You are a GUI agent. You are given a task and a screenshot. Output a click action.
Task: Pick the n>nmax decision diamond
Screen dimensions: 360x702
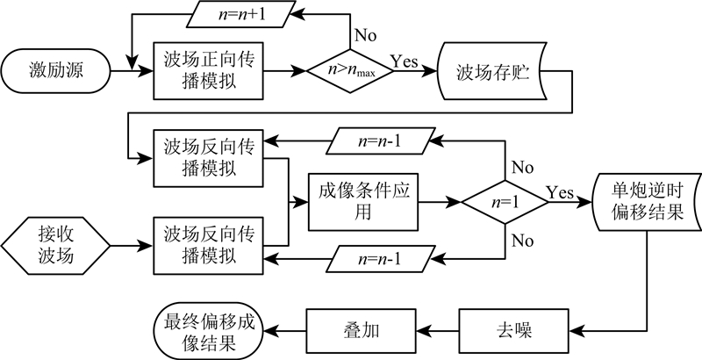tap(349, 68)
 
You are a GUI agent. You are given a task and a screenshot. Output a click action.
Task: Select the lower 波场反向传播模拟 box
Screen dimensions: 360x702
tap(210, 243)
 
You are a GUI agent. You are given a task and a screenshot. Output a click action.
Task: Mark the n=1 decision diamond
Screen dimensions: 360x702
tap(505, 201)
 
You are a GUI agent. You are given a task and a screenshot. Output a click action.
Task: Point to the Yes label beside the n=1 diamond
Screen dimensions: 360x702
tap(561, 191)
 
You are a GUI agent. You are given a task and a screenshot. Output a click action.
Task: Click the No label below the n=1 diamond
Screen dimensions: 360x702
tap(523, 239)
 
